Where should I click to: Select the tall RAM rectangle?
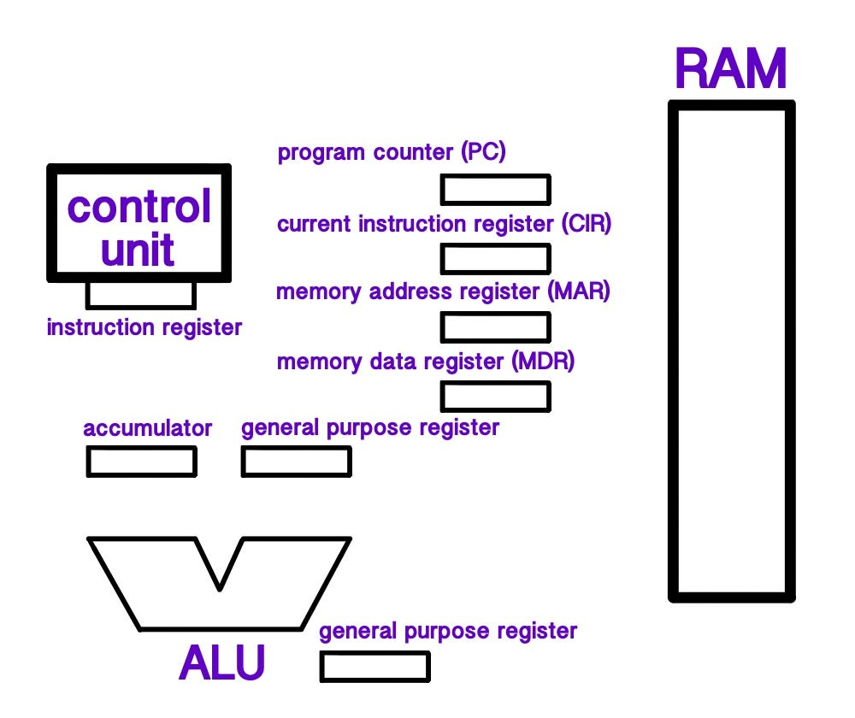[731, 350]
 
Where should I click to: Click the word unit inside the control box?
[139, 250]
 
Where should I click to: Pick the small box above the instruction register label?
[141, 295]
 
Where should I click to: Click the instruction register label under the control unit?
[144, 327]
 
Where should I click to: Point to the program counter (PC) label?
[392, 154]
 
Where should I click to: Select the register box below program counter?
[495, 190]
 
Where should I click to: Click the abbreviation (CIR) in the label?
[587, 224]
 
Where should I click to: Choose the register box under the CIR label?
[495, 257]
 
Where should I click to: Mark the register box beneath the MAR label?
[495, 327]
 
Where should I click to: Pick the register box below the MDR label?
[495, 396]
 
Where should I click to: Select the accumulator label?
[147, 428]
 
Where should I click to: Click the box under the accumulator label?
[141, 462]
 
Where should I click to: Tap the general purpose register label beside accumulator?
[370, 427]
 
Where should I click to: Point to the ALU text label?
[222, 662]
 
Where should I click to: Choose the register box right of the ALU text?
[375, 667]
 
